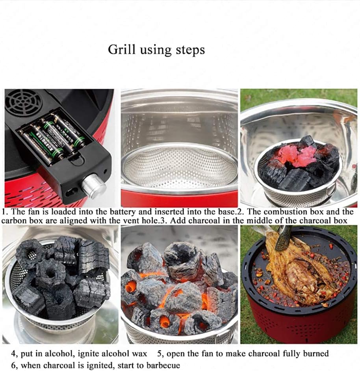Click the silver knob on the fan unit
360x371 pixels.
(94, 186)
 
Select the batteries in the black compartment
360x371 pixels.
(53, 136)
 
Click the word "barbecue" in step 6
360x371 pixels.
(162, 365)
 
